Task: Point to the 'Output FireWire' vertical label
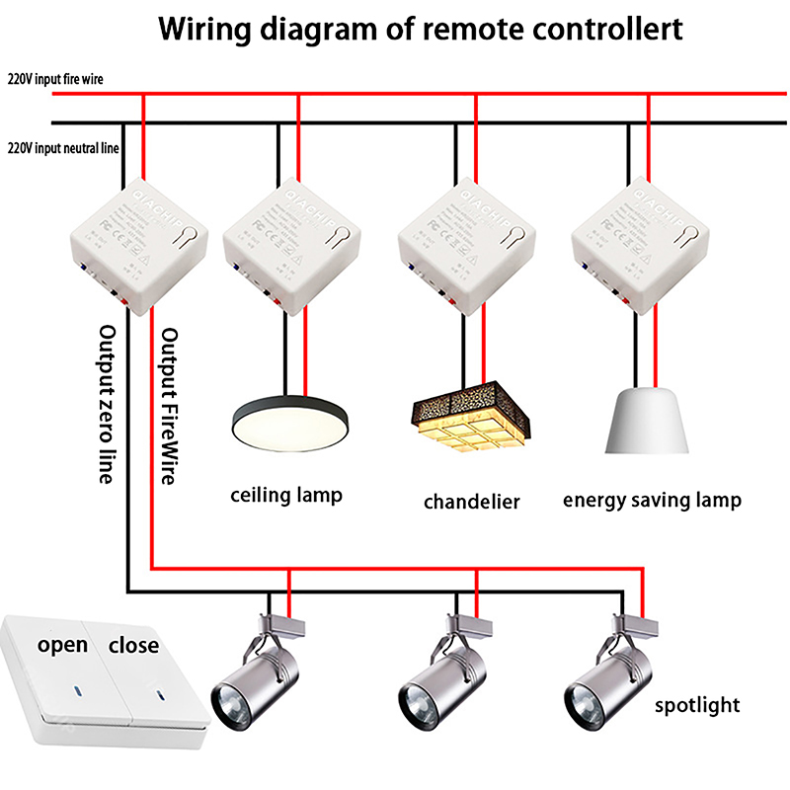pyautogui.click(x=168, y=406)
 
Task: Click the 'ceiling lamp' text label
pyautogui.click(x=286, y=494)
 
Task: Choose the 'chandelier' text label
pyautogui.click(x=472, y=502)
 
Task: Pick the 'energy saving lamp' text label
pyautogui.click(x=652, y=500)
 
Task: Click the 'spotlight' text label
pyautogui.click(x=698, y=705)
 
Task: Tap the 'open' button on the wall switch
pyautogui.click(x=62, y=646)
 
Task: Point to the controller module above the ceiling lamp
pyautogui.click(x=293, y=244)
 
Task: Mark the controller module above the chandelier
pyautogui.click(x=466, y=244)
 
